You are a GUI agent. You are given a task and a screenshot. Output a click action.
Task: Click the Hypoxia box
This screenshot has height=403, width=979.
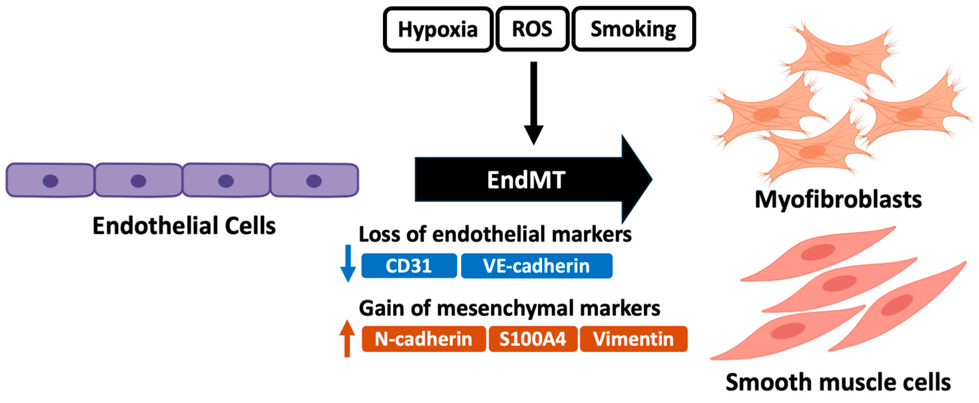(438, 29)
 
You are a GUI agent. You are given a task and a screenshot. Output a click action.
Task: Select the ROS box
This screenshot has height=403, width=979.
(532, 29)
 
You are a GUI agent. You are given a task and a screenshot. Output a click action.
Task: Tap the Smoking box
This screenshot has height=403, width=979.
(634, 29)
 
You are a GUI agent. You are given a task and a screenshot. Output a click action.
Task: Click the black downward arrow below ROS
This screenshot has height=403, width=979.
(534, 103)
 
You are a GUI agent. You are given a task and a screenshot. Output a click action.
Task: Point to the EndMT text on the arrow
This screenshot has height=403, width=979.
(526, 180)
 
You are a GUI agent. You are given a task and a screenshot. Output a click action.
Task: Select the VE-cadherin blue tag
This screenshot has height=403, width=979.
(536, 266)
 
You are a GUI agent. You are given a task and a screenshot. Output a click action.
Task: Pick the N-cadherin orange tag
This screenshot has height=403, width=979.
(423, 339)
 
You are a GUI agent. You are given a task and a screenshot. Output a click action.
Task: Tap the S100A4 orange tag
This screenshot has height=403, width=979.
(533, 339)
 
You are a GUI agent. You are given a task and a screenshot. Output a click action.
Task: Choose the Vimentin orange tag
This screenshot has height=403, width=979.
(633, 339)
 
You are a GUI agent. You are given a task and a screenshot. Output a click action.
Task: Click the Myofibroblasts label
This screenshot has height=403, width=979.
(838, 200)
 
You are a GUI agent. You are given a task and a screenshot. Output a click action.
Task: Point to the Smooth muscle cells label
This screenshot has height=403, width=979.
(838, 382)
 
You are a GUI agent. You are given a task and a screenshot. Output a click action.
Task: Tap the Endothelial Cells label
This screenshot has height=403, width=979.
(184, 226)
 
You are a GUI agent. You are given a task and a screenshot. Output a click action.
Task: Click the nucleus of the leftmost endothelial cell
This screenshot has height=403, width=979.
(50, 181)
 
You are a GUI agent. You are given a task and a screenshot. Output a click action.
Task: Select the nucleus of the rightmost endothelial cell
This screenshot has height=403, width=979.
(314, 181)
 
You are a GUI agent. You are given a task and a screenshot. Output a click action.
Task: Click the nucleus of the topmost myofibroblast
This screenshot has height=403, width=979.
(838, 58)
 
